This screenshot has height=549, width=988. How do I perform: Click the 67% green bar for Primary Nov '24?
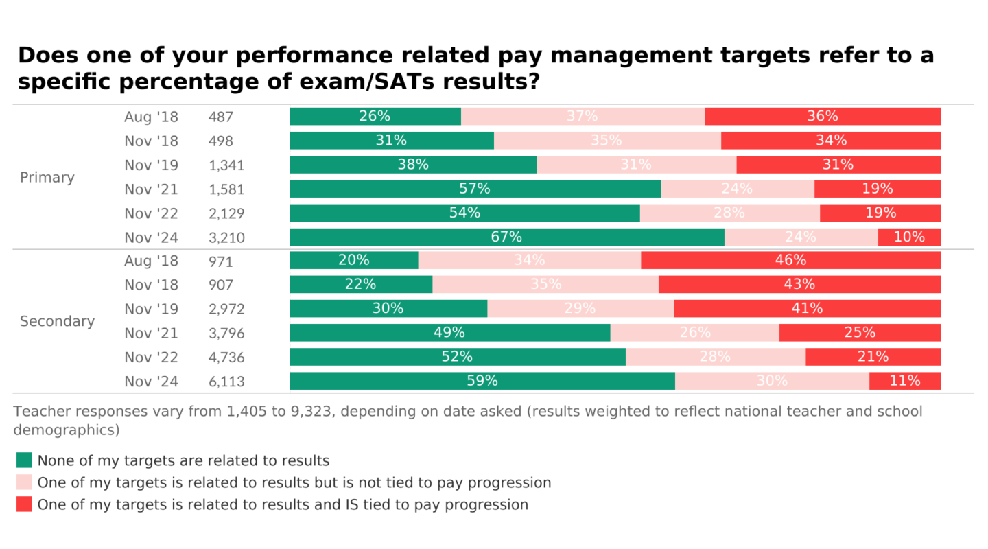tap(507, 237)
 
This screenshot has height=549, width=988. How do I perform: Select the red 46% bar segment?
tap(790, 260)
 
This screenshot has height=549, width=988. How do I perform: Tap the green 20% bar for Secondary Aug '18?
tap(354, 260)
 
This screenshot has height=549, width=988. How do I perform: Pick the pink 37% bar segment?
tap(583, 116)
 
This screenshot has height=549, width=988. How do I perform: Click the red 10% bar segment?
tap(909, 237)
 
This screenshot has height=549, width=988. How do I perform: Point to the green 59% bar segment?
tap(482, 381)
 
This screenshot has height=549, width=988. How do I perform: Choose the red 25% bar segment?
tap(860, 333)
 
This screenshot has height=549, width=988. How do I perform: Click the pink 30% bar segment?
tap(772, 381)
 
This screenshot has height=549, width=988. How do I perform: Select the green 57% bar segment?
tap(475, 189)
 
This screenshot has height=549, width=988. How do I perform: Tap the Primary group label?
tap(47, 177)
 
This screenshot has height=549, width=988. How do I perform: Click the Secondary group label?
tap(57, 321)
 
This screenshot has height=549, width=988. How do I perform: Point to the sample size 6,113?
tap(226, 382)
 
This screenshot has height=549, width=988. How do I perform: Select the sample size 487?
tap(221, 117)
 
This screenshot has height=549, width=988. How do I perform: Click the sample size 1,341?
tap(226, 165)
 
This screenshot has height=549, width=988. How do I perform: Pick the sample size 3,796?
tap(226, 334)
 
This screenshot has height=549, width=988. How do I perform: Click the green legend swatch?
tap(24, 460)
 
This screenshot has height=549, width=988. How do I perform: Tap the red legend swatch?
tap(24, 504)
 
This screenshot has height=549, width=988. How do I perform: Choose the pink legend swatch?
tap(24, 482)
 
